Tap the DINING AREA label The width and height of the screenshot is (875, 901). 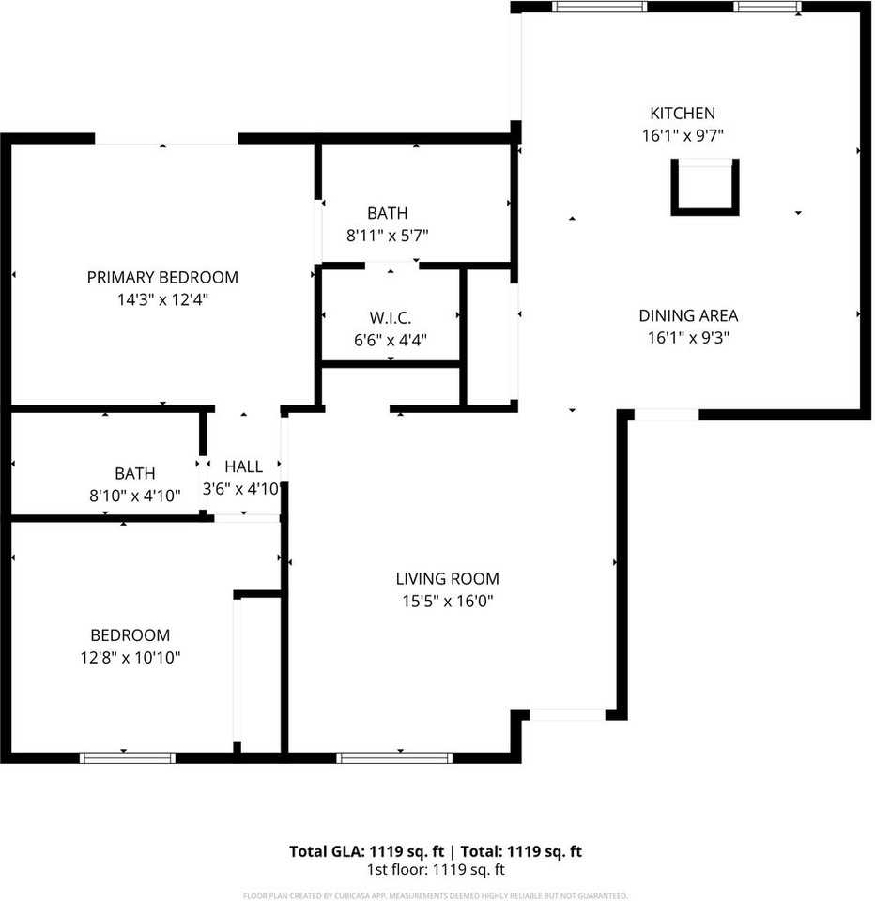click(x=688, y=316)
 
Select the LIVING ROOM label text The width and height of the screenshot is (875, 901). click(x=447, y=579)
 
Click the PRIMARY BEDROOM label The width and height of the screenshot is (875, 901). click(x=162, y=278)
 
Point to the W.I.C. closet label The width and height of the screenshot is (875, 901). click(x=391, y=318)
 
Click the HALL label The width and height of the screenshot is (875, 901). click(x=243, y=466)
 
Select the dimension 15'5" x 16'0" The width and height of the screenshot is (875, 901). click(x=447, y=602)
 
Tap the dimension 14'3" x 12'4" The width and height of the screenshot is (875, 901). click(x=162, y=300)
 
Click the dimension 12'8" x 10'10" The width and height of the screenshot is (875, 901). click(x=130, y=658)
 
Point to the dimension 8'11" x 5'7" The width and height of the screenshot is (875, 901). click(x=387, y=237)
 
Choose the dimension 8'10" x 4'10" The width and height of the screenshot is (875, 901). click(x=135, y=496)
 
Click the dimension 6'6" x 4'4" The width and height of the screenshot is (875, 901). click(x=391, y=341)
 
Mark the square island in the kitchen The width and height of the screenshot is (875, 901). click(x=704, y=187)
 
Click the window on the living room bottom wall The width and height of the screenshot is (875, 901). click(x=394, y=757)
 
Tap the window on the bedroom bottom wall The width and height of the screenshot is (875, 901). click(x=127, y=757)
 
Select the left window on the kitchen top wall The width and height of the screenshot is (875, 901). click(x=599, y=7)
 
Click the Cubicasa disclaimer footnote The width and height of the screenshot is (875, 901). click(x=437, y=895)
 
